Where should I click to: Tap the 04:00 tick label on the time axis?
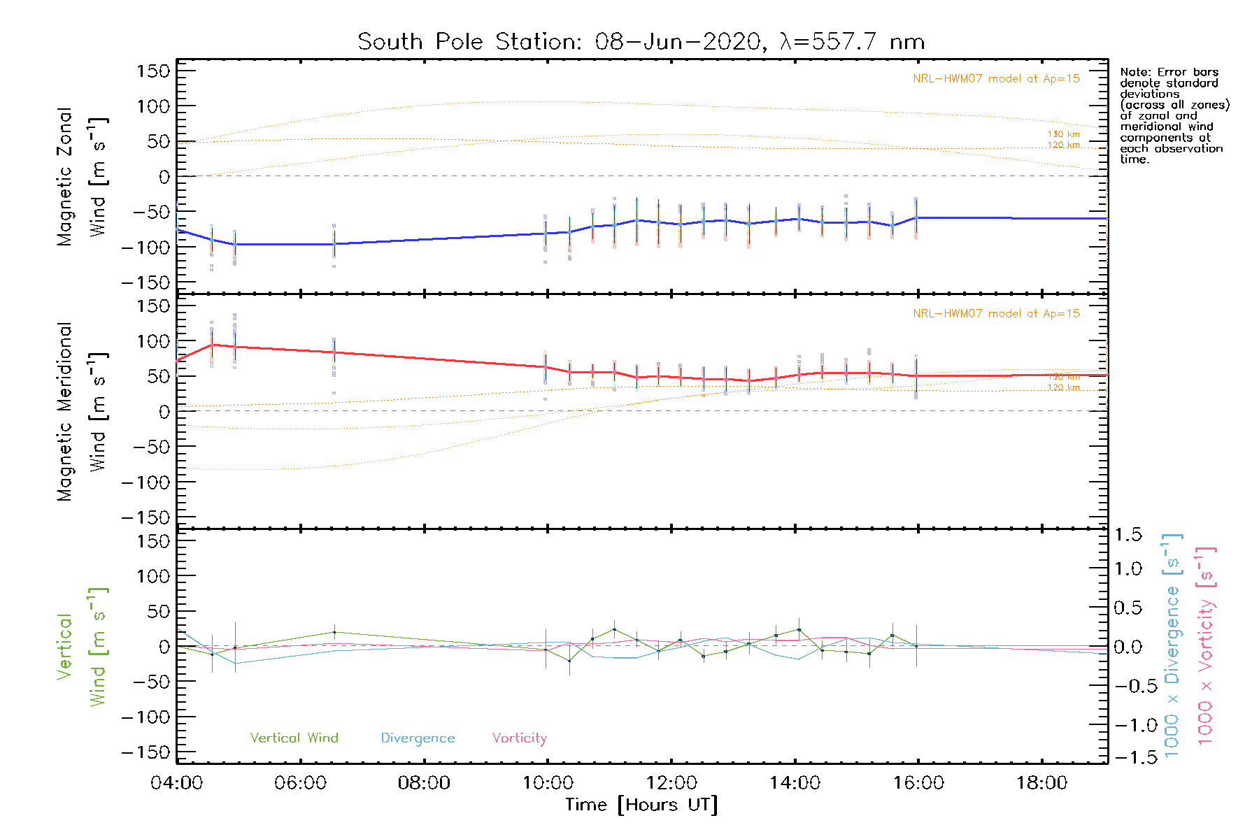click(177, 782)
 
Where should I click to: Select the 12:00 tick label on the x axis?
click(671, 782)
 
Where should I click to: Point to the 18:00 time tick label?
click(1042, 782)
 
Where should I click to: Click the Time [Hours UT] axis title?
click(641, 805)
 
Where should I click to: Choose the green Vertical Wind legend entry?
click(294, 738)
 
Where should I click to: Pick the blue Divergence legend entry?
click(418, 738)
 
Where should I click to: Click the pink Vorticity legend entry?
click(519, 738)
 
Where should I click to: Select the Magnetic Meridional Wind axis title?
click(83, 412)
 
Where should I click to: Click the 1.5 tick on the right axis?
click(1128, 535)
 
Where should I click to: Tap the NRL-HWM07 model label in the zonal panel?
click(996, 79)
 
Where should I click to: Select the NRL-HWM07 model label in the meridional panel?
click(996, 314)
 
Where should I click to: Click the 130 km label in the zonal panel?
click(1063, 134)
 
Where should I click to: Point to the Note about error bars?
click(1174, 115)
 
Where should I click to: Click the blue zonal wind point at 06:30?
click(334, 244)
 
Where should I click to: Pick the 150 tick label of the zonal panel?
click(153, 71)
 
